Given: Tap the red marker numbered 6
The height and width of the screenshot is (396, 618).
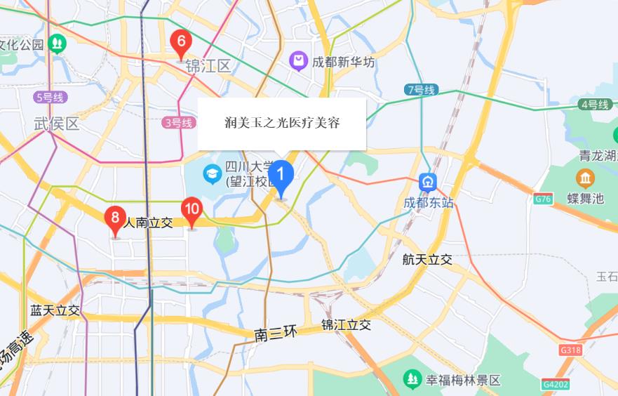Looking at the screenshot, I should [181, 44].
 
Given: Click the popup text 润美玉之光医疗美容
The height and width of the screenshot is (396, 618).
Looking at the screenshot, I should [282, 124].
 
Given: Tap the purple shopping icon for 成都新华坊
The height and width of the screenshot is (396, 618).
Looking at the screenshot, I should [300, 62].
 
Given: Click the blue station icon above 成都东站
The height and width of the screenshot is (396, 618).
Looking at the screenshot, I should [428, 182].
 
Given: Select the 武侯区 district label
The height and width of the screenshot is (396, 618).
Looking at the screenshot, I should [57, 124].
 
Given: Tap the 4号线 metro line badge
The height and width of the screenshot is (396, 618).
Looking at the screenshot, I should [594, 105].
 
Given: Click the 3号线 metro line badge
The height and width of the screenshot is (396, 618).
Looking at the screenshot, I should [177, 123].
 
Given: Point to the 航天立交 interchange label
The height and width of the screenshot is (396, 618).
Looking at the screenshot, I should [427, 260].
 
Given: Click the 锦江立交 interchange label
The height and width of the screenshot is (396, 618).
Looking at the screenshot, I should [346, 325].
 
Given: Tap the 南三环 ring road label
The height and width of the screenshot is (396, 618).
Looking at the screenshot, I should [276, 334].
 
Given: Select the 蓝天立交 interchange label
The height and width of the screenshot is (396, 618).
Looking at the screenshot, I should [55, 310].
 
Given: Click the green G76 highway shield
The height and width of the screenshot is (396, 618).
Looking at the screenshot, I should [542, 199].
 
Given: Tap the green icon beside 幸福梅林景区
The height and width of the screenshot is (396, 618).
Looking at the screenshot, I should [412, 380].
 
